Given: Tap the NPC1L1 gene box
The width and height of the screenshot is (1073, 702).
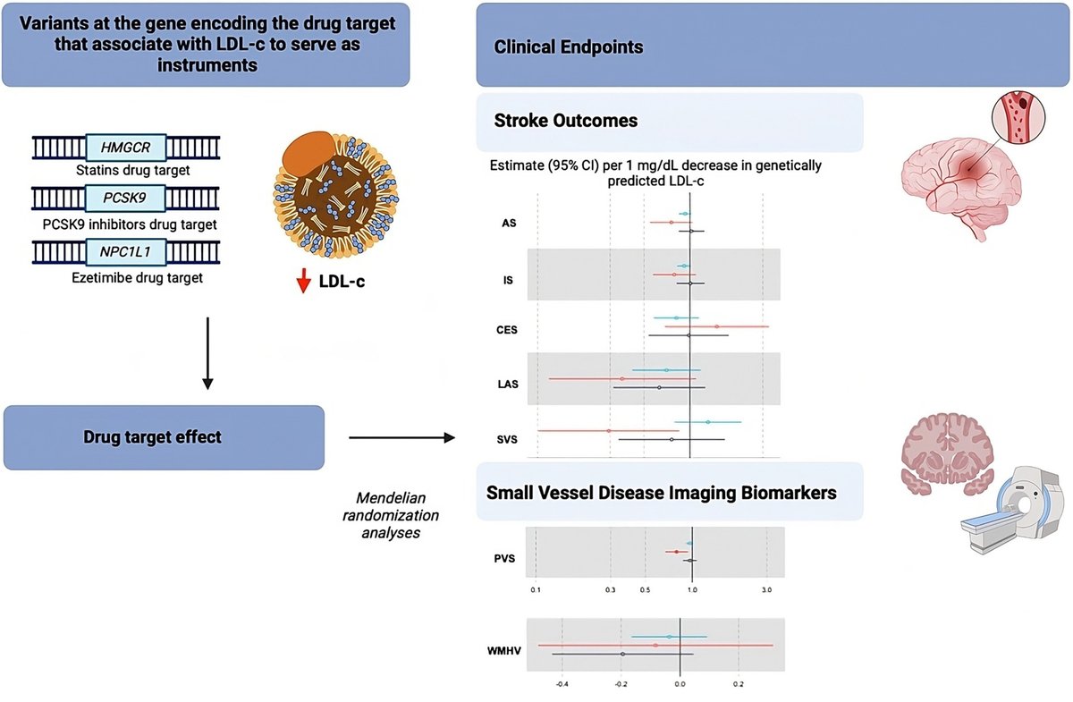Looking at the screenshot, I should (x=126, y=253).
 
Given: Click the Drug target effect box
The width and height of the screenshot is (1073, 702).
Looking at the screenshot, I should (x=164, y=437).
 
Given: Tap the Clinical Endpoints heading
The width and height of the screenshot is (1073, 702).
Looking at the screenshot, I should (x=568, y=47).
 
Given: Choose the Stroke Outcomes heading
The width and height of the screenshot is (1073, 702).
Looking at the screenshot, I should (x=565, y=121).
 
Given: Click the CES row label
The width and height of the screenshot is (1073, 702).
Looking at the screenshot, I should (x=507, y=329).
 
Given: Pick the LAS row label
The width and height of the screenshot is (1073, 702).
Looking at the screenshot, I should (x=506, y=385).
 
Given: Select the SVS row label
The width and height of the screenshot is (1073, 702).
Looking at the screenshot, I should (x=506, y=438).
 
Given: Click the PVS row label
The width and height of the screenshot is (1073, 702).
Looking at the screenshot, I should (x=506, y=559).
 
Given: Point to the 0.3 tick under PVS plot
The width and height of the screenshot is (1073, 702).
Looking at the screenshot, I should (x=611, y=591).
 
